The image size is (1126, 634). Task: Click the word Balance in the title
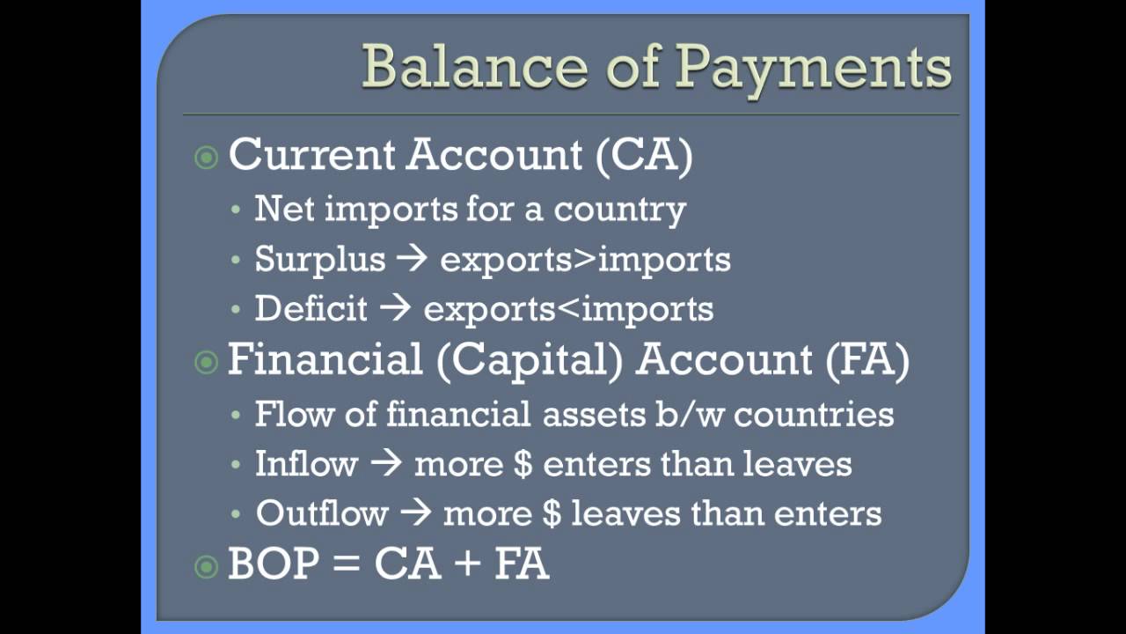click(x=463, y=66)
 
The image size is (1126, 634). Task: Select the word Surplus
click(x=320, y=260)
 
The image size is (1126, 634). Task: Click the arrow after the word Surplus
click(x=412, y=260)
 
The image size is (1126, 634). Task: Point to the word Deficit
click(x=311, y=309)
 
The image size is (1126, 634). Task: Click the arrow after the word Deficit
click(x=394, y=309)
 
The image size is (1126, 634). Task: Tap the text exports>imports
click(x=585, y=260)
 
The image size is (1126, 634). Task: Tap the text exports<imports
click(x=568, y=309)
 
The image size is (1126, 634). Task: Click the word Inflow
click(x=306, y=464)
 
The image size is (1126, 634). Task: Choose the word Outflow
click(x=321, y=513)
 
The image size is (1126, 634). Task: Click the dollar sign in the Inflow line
click(x=523, y=464)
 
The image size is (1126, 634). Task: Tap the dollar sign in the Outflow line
click(x=552, y=513)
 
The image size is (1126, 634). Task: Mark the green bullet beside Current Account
click(x=206, y=158)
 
